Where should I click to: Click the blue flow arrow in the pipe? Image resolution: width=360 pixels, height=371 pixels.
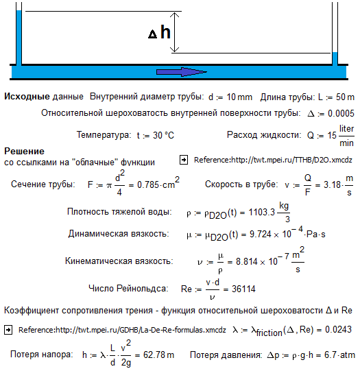tap(181, 72)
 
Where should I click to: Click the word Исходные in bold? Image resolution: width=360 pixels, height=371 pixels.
tap(25, 96)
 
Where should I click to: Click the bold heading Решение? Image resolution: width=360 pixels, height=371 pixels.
tap(24, 151)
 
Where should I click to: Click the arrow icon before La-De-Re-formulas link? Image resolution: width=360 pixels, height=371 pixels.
tap(8, 330)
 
